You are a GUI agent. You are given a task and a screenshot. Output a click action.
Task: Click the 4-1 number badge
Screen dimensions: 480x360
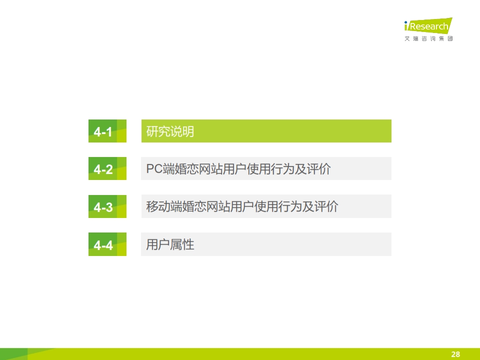[107, 131]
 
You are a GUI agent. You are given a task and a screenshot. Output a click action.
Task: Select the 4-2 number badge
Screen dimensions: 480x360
[107, 168]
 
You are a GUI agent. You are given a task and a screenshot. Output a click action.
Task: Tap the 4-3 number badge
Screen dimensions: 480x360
[107, 206]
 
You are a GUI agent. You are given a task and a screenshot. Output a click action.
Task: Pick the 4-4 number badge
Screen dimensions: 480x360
[107, 244]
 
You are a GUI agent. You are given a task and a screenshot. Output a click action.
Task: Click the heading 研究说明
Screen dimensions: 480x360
[170, 131]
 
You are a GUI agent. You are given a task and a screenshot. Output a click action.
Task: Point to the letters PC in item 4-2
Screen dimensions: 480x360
[154, 169]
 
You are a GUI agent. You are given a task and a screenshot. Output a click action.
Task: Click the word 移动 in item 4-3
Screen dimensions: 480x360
[158, 206]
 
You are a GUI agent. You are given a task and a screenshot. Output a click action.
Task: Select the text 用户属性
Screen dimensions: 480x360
[170, 244]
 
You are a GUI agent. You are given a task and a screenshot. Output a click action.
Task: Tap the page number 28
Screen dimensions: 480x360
[455, 354]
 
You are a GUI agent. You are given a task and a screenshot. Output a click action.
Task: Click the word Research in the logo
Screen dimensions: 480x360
[429, 26]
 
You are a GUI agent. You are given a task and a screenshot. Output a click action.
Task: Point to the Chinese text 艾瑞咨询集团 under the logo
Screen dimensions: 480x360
[428, 38]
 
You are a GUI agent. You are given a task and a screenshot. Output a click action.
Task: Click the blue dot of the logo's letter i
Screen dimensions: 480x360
[406, 22]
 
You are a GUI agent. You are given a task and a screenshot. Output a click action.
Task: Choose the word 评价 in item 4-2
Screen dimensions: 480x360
[318, 169]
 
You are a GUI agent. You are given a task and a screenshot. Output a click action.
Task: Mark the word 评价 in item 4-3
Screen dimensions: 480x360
[326, 206]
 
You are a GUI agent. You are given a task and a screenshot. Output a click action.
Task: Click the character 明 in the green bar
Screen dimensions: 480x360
[188, 131]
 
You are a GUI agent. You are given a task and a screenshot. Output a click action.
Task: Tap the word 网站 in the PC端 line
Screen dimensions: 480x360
[210, 169]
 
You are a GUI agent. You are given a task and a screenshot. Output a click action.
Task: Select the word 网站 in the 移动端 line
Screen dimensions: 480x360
[218, 206]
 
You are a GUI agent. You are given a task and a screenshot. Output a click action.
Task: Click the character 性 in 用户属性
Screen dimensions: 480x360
[188, 244]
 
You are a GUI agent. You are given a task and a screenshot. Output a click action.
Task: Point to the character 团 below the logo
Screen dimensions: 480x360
[450, 38]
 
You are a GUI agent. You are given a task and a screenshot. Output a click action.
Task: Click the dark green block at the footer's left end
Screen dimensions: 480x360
[14, 354]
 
